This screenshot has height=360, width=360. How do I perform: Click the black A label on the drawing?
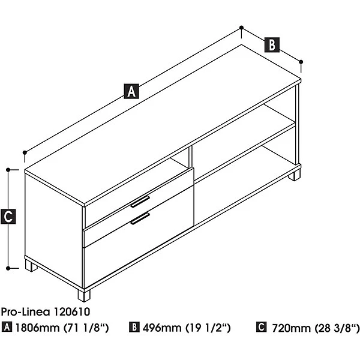(x=131, y=91)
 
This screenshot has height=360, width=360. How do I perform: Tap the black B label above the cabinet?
(x=272, y=44)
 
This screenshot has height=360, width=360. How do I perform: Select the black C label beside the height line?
(x=8, y=216)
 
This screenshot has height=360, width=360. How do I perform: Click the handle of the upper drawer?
(x=140, y=202)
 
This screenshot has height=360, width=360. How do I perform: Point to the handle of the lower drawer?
(x=140, y=218)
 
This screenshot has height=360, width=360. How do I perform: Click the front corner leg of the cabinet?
(x=84, y=295)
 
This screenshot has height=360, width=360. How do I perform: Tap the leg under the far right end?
(x=294, y=175)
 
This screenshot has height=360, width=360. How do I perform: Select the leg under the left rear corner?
(x=31, y=266)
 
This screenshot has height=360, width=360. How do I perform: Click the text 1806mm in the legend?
(x=37, y=328)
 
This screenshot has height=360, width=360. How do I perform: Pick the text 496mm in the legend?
(x=162, y=328)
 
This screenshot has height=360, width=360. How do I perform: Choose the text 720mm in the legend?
(x=291, y=328)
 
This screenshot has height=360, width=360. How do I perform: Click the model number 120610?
(x=71, y=312)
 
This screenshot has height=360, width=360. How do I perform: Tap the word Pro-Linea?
(x=25, y=312)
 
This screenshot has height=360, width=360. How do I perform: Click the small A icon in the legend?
(x=7, y=327)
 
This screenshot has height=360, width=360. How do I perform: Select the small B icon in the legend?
(x=134, y=327)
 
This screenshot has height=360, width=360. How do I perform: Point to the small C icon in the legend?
(x=262, y=327)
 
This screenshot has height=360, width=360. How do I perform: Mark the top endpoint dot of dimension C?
(x=8, y=170)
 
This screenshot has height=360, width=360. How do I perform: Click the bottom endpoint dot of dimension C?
(x=8, y=268)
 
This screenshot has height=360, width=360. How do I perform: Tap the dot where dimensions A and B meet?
(x=241, y=28)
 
